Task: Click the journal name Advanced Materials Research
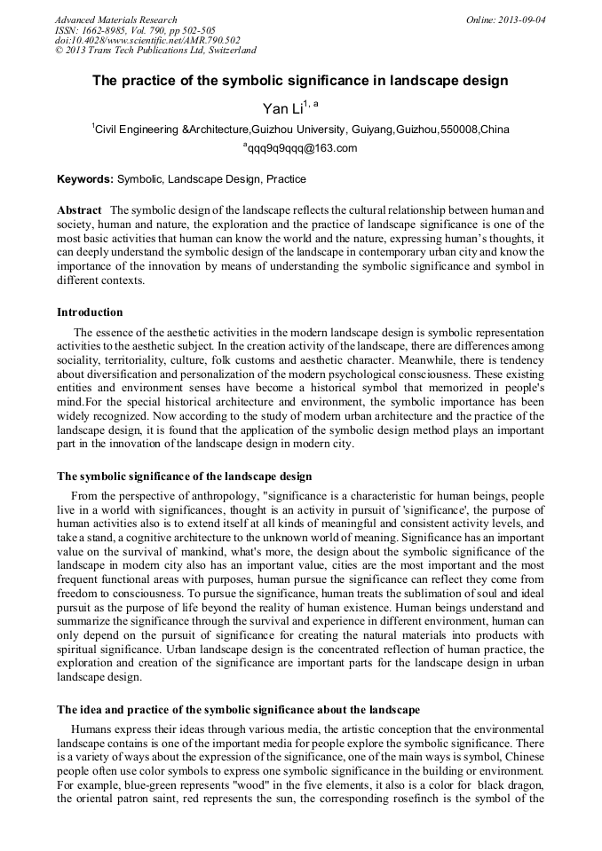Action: (x=115, y=20)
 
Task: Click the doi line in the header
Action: (x=147, y=41)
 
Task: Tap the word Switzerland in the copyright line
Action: (x=226, y=51)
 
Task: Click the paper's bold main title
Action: (x=300, y=81)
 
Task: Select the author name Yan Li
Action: (x=282, y=109)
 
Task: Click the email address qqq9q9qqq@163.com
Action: (x=302, y=148)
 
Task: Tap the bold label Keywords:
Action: (x=85, y=179)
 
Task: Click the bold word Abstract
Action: (x=79, y=210)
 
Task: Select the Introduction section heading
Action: (x=90, y=312)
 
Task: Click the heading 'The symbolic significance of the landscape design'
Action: (x=185, y=477)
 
